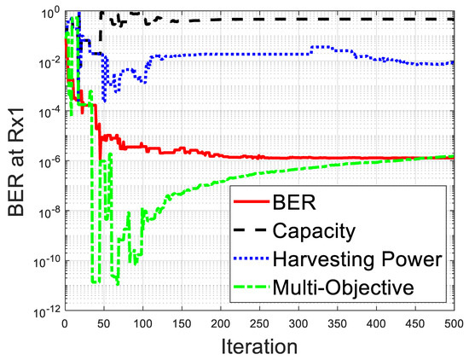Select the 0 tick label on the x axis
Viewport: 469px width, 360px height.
tap(65, 324)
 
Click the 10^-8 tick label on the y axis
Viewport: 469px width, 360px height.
tap(45, 212)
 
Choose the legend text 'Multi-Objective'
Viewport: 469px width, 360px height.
tap(343, 287)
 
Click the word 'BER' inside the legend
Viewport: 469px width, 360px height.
tap(293, 201)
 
